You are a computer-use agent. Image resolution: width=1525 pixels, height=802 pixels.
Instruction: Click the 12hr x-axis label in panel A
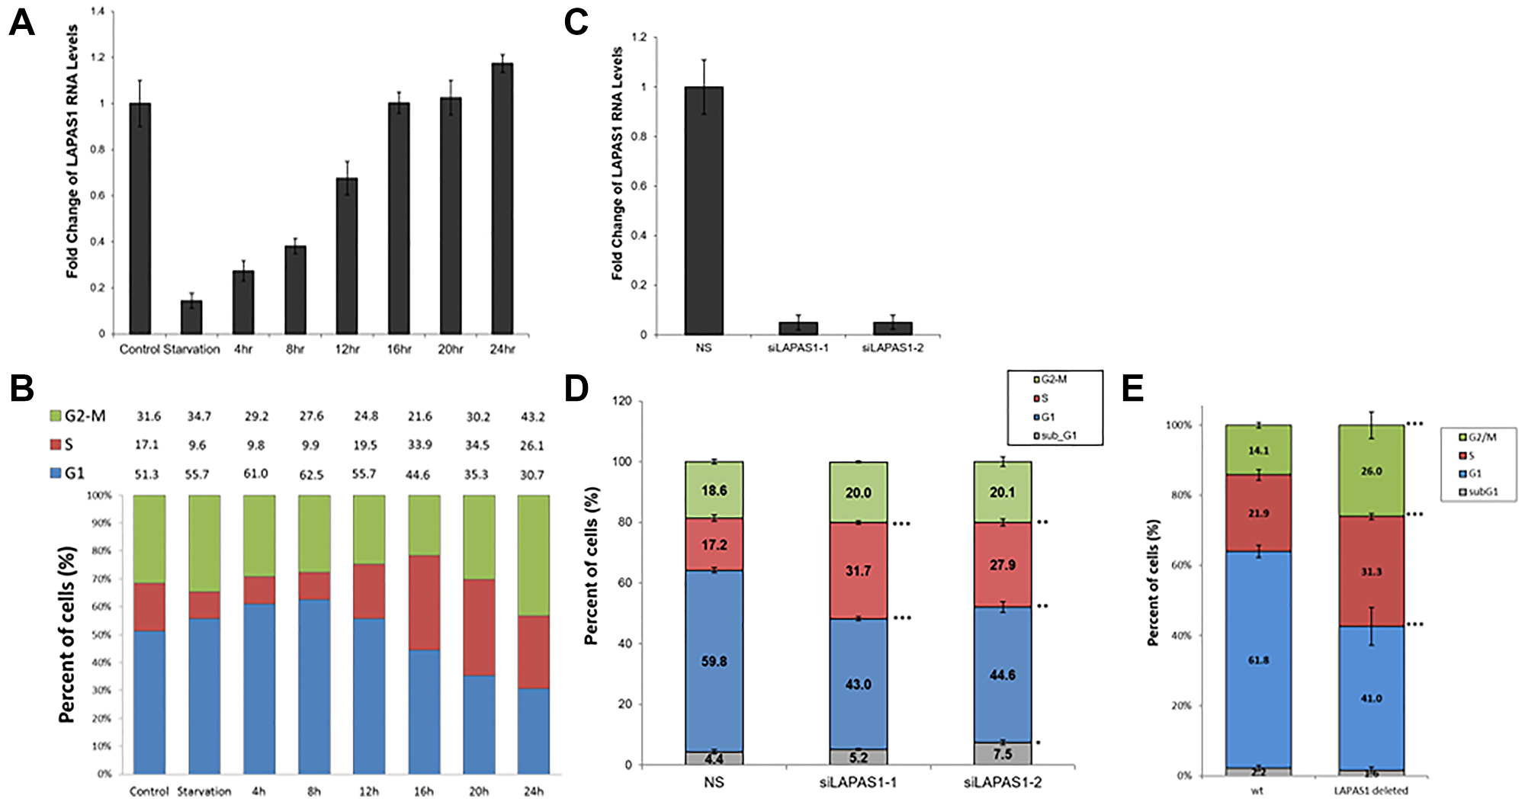pyautogui.click(x=346, y=349)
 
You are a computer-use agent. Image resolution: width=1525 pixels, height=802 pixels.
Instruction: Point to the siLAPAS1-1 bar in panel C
pyautogui.click(x=798, y=329)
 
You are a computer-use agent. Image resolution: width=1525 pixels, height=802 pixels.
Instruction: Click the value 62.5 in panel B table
pyautogui.click(x=311, y=474)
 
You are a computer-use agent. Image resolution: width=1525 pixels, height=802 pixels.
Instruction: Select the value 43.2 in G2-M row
pyautogui.click(x=531, y=416)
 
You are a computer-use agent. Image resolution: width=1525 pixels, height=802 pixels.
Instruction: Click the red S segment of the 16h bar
pyautogui.click(x=425, y=602)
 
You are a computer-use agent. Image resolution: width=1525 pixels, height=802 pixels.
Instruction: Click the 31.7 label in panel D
pyautogui.click(x=858, y=570)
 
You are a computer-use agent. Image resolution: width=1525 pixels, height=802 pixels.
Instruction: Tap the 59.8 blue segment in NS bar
pyautogui.click(x=714, y=661)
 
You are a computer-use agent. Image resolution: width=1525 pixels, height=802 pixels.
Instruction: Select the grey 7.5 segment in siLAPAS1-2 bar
pyautogui.click(x=1002, y=754)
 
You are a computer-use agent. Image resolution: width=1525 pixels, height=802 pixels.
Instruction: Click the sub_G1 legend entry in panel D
pyautogui.click(x=1055, y=436)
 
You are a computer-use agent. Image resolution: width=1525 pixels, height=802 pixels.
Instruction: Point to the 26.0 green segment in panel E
pyautogui.click(x=1371, y=471)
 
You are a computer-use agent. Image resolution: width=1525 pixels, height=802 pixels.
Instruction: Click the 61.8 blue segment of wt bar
pyautogui.click(x=1258, y=660)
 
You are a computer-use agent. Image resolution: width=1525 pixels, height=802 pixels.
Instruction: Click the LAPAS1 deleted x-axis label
pyautogui.click(x=1370, y=791)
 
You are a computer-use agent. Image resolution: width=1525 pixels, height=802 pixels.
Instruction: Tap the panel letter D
pyautogui.click(x=576, y=389)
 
